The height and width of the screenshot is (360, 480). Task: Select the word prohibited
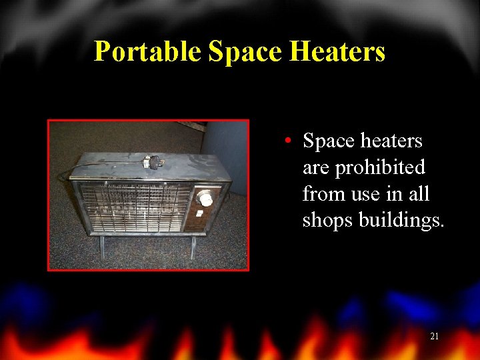[x=379, y=167]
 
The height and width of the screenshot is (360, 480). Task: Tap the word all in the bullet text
[x=419, y=194]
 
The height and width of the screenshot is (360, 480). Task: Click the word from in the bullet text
[x=322, y=194]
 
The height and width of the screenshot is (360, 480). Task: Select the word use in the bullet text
[x=362, y=194]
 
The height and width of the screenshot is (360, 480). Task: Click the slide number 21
[x=434, y=337]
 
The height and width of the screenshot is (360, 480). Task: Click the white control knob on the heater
[x=205, y=198]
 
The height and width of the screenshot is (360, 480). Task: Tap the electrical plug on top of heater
[x=155, y=162]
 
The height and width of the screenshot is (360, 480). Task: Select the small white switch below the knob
[x=200, y=213]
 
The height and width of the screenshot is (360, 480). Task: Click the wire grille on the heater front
[x=133, y=207]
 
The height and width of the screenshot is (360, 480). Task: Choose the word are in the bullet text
[x=317, y=167]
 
